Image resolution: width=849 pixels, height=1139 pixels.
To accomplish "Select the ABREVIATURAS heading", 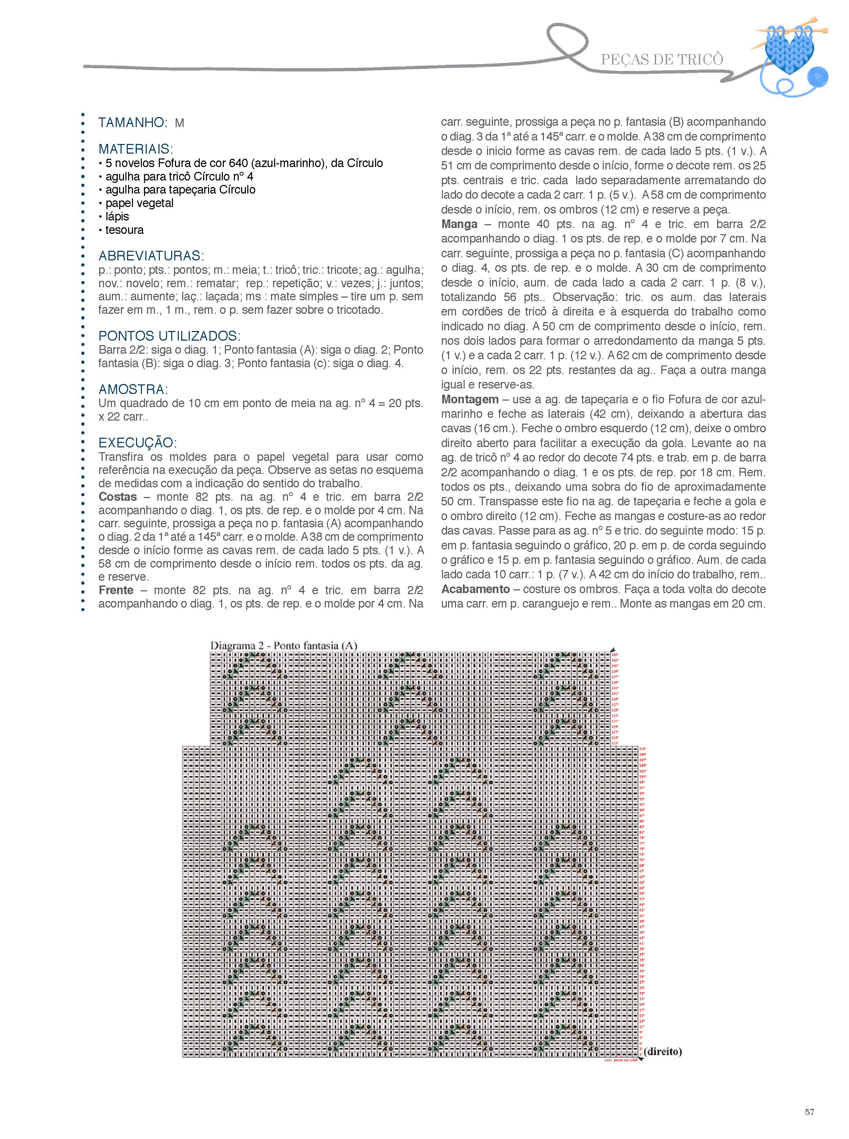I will coord(151,256).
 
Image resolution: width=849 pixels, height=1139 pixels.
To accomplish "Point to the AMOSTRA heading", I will coord(133,389).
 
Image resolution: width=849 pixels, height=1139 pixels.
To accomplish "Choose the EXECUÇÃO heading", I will coord(137,443).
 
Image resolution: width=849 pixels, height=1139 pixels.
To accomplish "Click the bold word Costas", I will coord(118,497).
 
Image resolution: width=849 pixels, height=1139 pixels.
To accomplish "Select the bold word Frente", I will coord(116,590).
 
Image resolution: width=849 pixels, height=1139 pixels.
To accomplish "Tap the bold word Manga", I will coord(459,224).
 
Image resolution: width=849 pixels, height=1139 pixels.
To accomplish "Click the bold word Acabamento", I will coord(475,589).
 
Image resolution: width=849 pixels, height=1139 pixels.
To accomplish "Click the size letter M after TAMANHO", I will coord(179,123).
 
